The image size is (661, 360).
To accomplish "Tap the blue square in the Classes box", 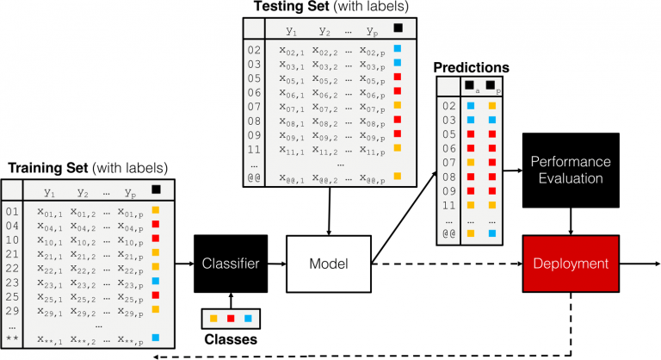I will pyautogui.click(x=249, y=320).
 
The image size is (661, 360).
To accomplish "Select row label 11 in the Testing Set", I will pyautogui.click(x=254, y=149).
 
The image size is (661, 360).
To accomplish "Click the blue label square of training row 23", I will pyautogui.click(x=156, y=281).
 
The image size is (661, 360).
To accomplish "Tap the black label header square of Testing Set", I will pyautogui.click(x=397, y=28).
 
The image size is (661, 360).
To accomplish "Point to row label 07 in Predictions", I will pyautogui.click(x=448, y=162).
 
